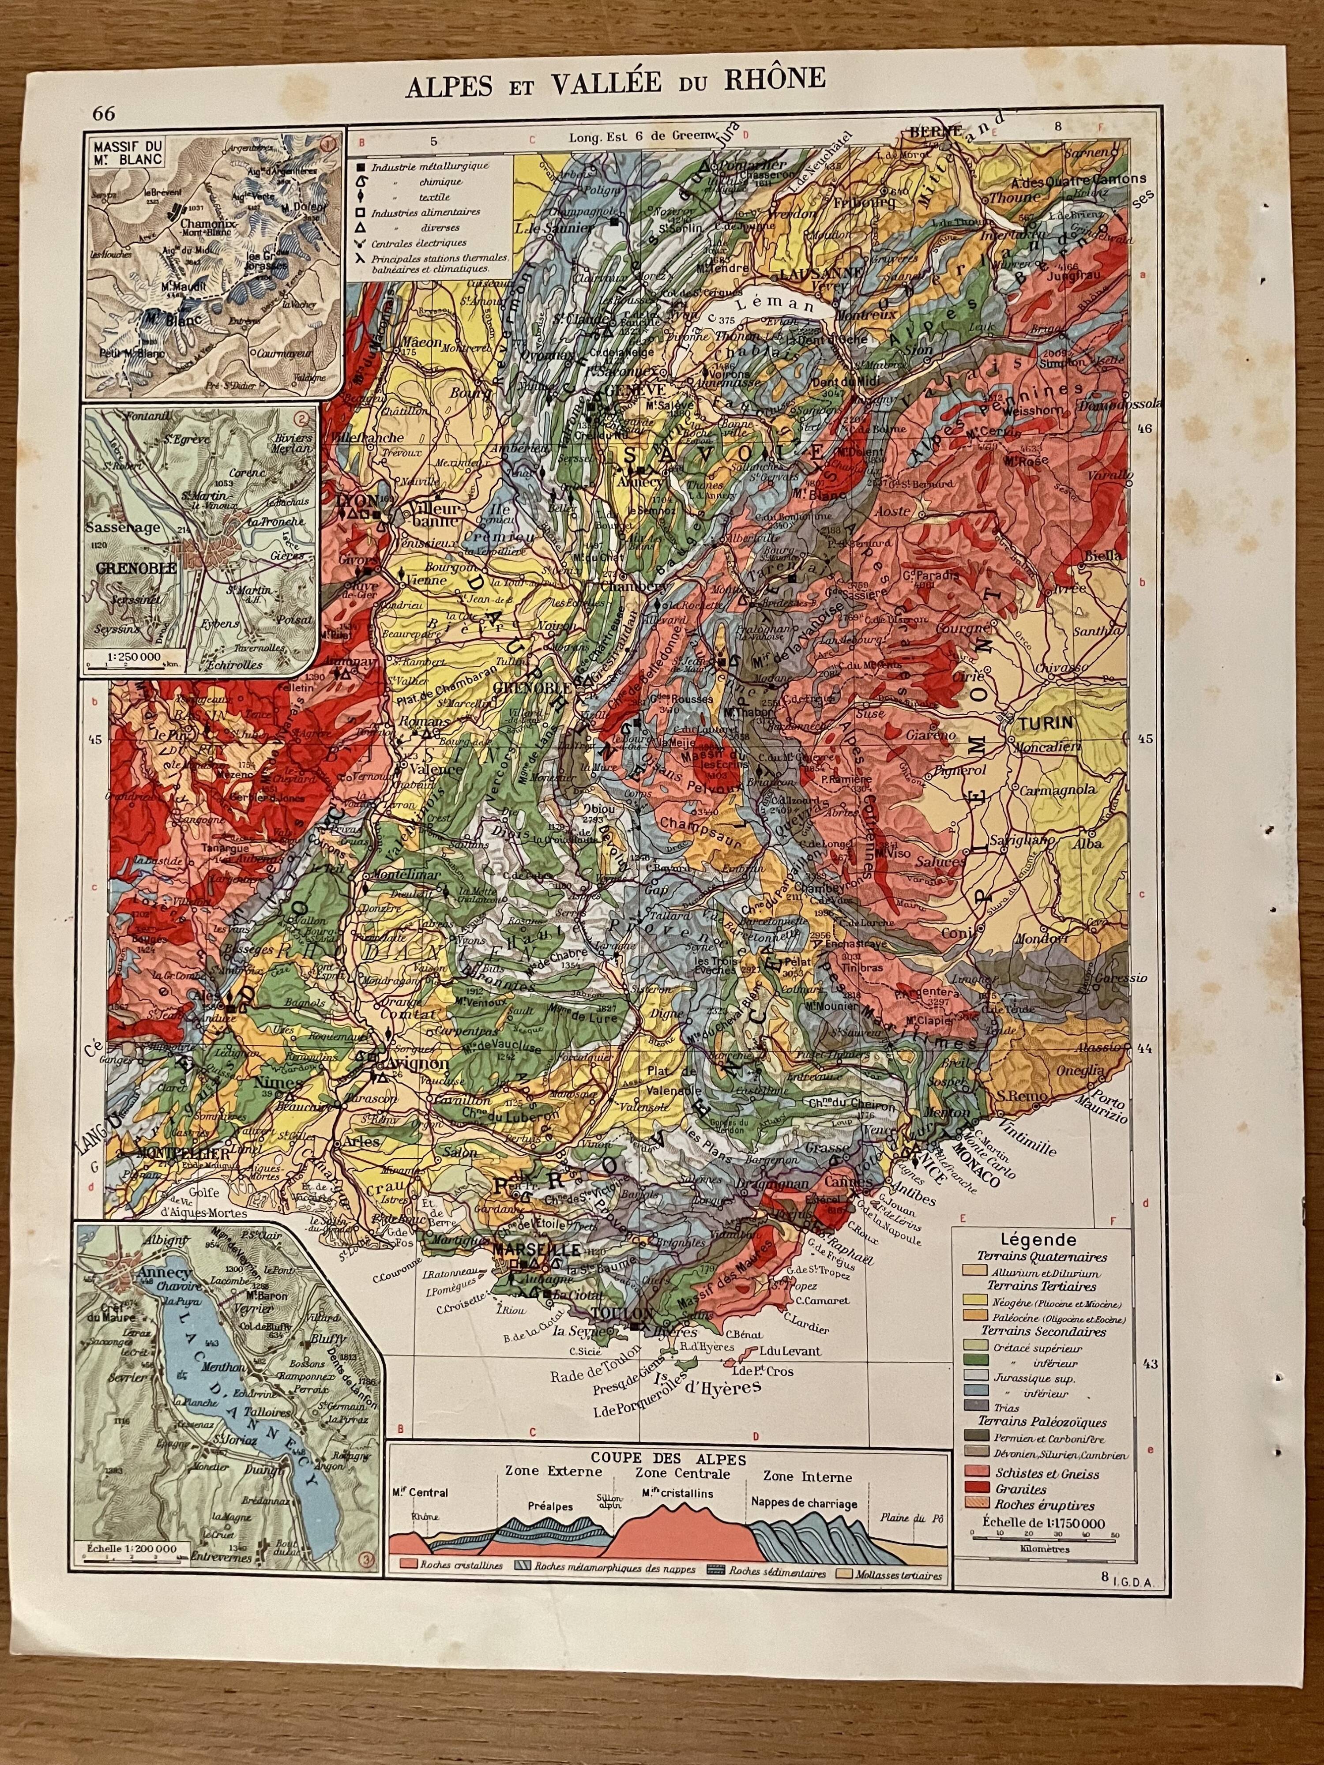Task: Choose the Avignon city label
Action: (416, 1063)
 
